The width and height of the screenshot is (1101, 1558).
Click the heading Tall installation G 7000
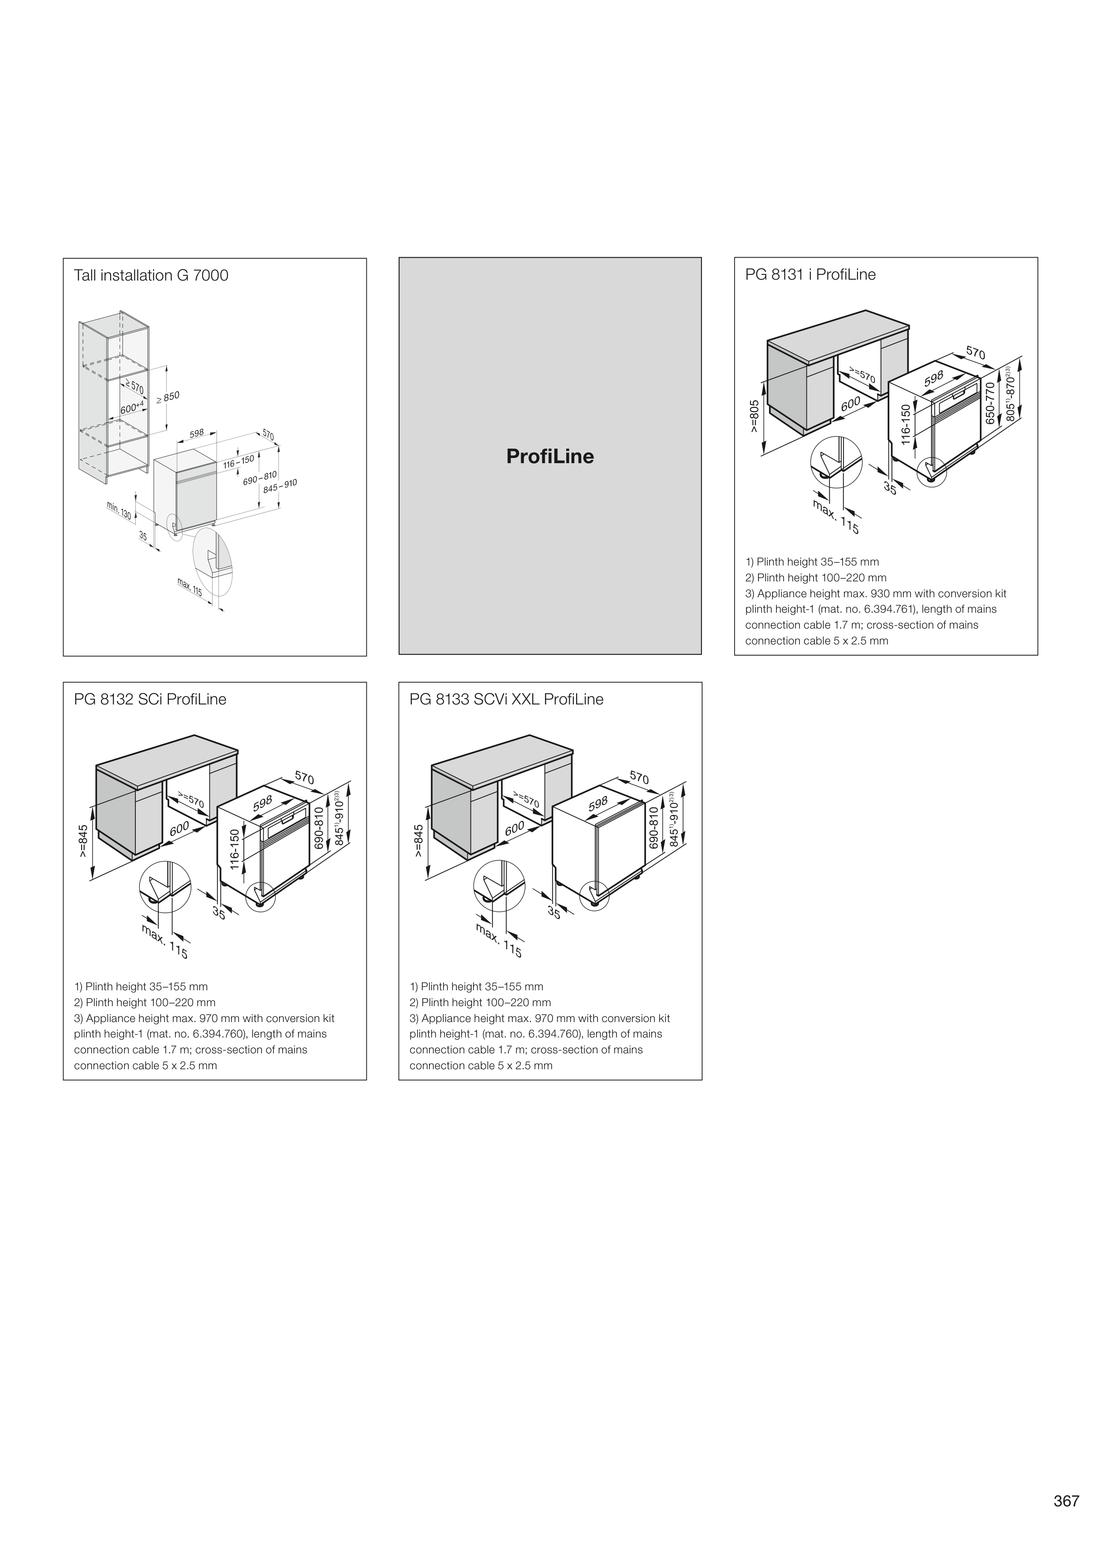[151, 276]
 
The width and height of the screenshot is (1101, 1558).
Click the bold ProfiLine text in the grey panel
[549, 456]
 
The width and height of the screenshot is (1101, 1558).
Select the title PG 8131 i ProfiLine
[810, 275]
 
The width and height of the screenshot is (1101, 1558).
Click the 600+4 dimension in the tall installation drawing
[133, 408]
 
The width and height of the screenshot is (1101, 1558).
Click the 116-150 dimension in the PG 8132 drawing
[235, 849]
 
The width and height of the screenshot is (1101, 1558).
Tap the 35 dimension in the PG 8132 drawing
[218, 913]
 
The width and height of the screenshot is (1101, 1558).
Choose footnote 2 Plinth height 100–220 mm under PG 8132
[145, 1002]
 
